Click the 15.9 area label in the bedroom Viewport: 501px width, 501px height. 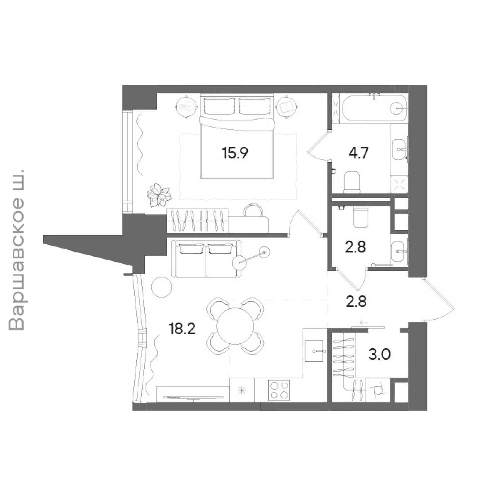pyautogui.click(x=235, y=153)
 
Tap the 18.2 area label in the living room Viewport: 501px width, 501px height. pyautogui.click(x=182, y=329)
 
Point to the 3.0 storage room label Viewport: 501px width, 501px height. pyautogui.click(x=380, y=354)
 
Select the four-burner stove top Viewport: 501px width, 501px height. pyautogui.click(x=279, y=390)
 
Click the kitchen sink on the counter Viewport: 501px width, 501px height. pyautogui.click(x=314, y=351)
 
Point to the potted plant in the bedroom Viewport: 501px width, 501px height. pyautogui.click(x=159, y=195)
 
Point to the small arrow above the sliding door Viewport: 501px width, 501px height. pyautogui.click(x=364, y=323)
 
